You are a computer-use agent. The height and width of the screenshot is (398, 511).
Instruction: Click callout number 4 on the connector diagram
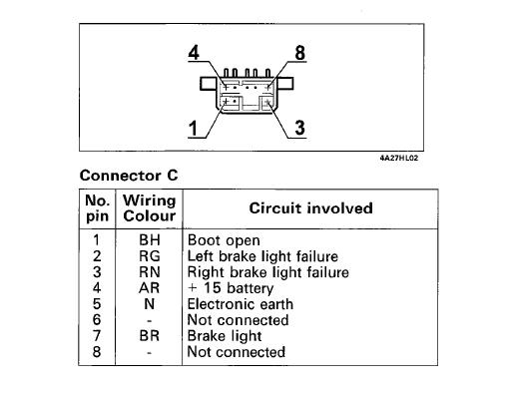point(194,53)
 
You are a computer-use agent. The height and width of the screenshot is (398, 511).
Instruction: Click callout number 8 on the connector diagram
point(299,53)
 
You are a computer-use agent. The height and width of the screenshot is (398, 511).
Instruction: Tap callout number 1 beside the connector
point(193,129)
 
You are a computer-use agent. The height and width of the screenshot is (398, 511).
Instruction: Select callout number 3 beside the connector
point(299,129)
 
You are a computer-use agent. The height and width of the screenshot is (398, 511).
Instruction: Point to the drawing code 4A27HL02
point(399,158)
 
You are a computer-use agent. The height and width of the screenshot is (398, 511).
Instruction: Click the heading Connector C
point(129,176)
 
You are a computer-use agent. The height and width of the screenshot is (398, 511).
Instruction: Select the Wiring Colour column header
point(149,208)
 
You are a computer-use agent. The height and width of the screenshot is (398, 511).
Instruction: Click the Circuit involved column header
point(310,208)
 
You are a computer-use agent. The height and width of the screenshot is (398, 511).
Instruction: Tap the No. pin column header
point(97,208)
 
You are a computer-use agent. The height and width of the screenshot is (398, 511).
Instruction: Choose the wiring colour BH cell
point(150,240)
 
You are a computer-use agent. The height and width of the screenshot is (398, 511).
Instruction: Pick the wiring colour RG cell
point(150,256)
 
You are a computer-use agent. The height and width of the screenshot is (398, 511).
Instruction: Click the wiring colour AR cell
point(150,288)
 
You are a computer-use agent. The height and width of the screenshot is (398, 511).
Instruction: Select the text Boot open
point(224,240)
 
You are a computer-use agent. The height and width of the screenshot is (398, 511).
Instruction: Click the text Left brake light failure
point(262,256)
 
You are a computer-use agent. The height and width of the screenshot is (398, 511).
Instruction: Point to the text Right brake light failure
point(268,272)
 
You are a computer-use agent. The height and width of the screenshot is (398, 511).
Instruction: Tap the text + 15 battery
point(231,288)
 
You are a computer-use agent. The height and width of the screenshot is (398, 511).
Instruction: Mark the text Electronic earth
point(241,304)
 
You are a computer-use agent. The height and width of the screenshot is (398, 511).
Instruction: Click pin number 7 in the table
point(97,336)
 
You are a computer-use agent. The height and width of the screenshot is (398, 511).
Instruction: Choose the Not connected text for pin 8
point(237,352)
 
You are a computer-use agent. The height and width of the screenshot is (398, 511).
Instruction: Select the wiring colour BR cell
point(150,336)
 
